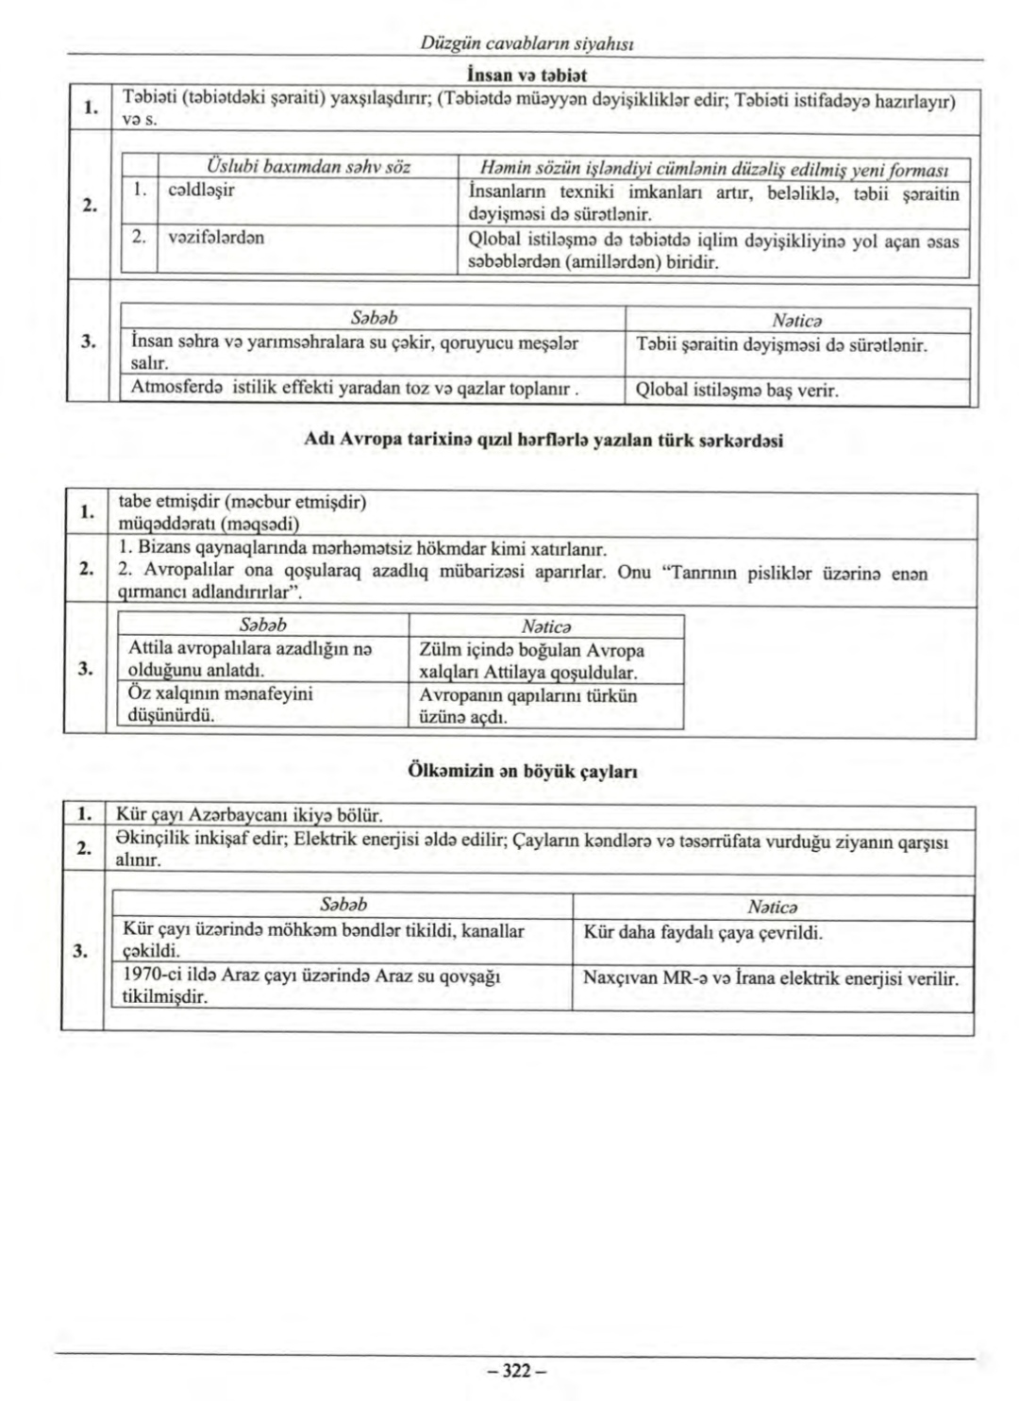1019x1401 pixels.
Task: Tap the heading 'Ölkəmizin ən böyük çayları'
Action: click(524, 770)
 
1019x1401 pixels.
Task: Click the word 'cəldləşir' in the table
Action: click(201, 190)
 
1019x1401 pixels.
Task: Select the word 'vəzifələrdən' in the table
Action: click(215, 237)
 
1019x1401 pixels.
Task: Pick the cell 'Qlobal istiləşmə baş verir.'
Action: click(737, 390)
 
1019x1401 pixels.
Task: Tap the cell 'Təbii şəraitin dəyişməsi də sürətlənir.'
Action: click(781, 345)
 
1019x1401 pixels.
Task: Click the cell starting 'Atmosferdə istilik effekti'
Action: click(354, 387)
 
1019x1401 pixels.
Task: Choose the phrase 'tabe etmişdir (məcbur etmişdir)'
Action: click(242, 502)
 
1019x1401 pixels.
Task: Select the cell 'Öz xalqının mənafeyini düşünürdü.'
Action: click(220, 704)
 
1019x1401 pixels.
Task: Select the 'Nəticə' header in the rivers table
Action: click(772, 907)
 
